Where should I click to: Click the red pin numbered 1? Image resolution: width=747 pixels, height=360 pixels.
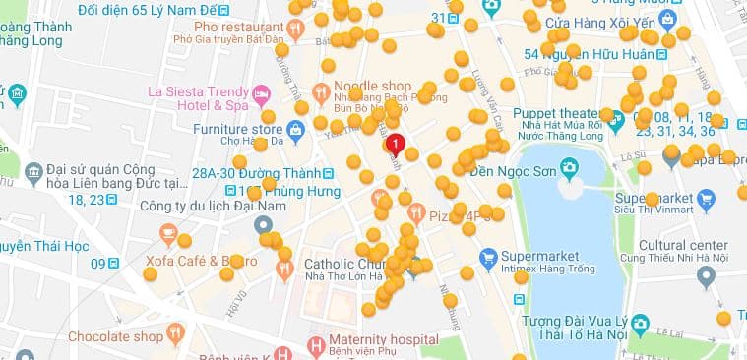point(396,145)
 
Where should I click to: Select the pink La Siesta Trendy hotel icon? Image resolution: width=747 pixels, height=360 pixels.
point(262,95)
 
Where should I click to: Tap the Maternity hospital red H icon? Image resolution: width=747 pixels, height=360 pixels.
point(316,345)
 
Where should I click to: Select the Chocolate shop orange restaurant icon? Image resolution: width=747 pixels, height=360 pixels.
point(176,336)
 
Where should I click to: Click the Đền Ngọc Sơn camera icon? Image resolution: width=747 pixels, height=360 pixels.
point(568,167)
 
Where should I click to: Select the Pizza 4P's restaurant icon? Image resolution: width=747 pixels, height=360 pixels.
point(416,211)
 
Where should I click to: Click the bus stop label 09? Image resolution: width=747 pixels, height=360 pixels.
point(97,263)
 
